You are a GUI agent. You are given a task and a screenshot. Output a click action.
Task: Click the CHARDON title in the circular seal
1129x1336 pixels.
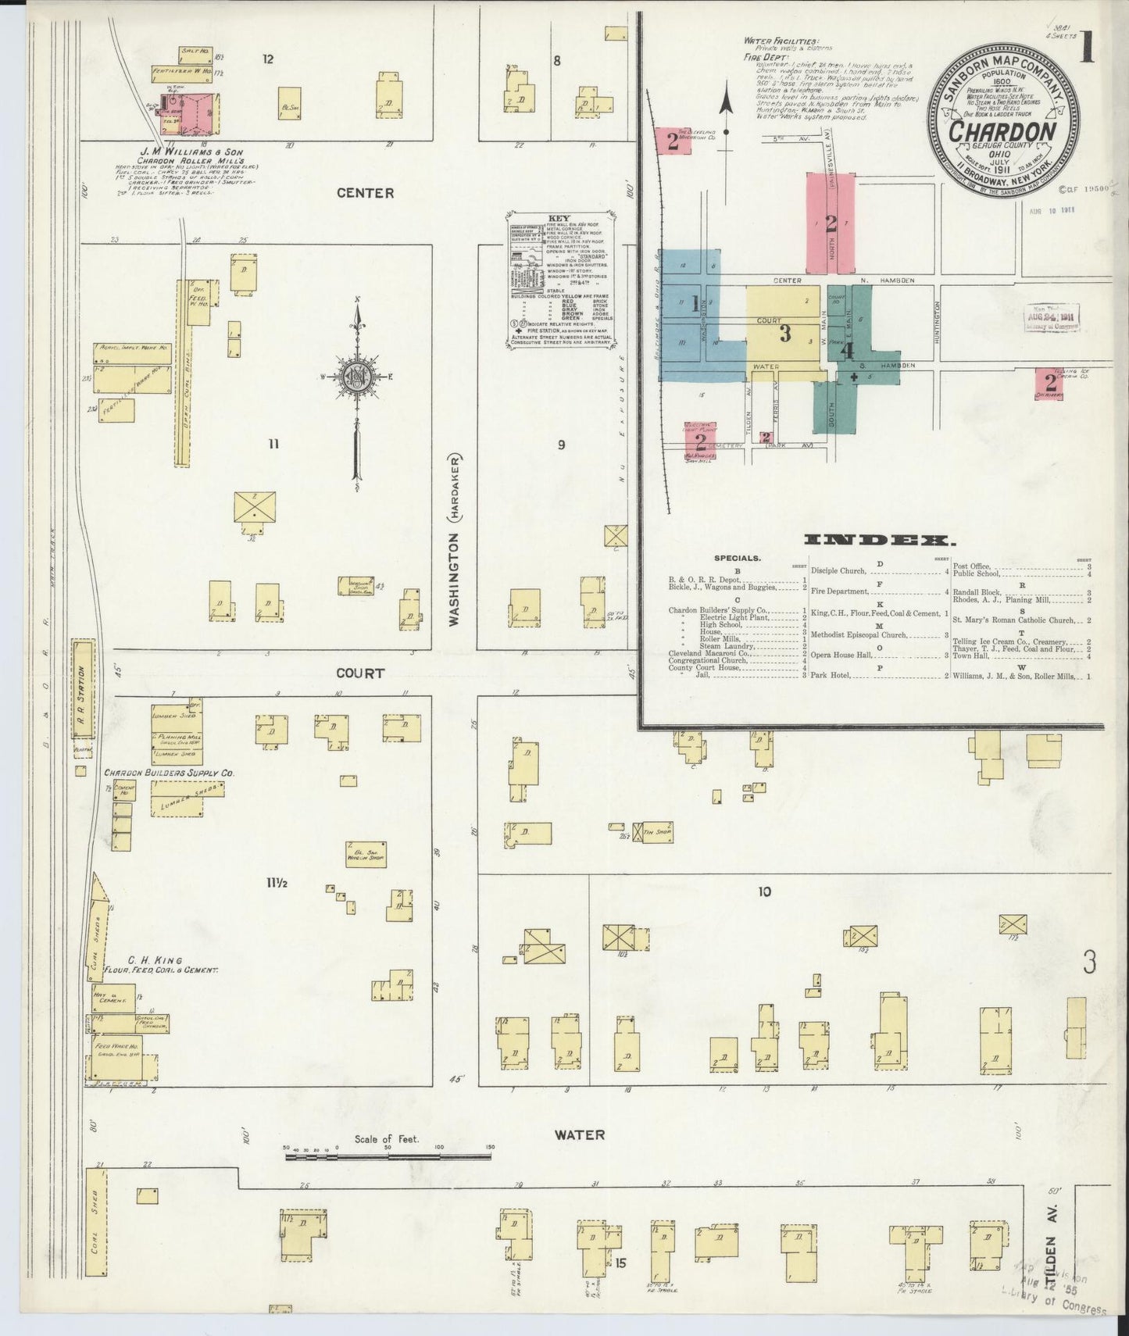coord(1003,131)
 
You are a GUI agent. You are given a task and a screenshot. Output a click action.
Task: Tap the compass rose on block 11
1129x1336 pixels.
coord(358,377)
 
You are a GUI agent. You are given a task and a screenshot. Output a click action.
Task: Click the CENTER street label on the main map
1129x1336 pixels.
coord(365,193)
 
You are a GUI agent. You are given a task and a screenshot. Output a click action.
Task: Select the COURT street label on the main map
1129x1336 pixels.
coord(360,673)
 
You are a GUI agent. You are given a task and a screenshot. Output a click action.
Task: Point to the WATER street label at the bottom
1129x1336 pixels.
coord(580,1134)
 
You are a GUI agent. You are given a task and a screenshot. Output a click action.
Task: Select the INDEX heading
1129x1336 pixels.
coord(878,541)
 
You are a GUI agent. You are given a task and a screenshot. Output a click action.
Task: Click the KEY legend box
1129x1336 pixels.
coord(560,280)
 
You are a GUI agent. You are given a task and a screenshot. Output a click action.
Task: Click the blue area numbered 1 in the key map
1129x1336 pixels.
coord(695,305)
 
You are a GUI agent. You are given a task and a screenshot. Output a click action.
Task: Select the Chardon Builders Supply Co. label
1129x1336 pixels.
coord(170,773)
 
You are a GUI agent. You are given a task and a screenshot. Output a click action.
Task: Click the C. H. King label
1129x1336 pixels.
coord(155,960)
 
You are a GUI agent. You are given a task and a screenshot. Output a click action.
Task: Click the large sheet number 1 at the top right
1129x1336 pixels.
coord(1087,48)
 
